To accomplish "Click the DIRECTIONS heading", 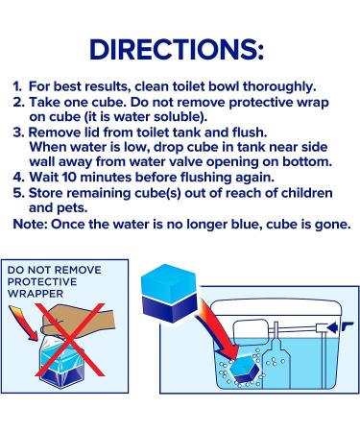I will coord(180,49).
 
